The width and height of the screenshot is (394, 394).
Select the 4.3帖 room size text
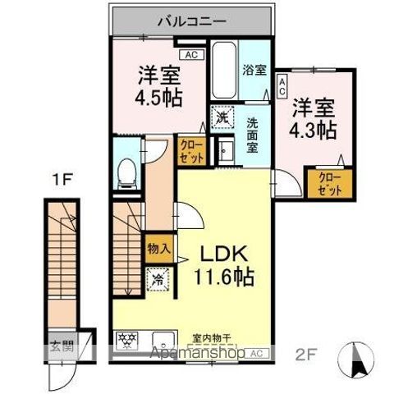[x=312, y=128]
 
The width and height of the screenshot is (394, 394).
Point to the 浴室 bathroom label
[x=254, y=71]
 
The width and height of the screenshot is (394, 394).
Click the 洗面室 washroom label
[x=254, y=131]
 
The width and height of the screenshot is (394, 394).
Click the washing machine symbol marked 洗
[x=222, y=118]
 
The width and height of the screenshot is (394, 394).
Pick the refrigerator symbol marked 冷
[x=157, y=279]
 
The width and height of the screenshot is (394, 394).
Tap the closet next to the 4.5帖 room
[x=191, y=151]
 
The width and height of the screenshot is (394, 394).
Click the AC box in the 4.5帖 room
[x=191, y=55]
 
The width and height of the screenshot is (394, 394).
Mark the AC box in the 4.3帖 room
[x=282, y=84]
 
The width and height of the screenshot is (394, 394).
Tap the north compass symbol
[x=360, y=356]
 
